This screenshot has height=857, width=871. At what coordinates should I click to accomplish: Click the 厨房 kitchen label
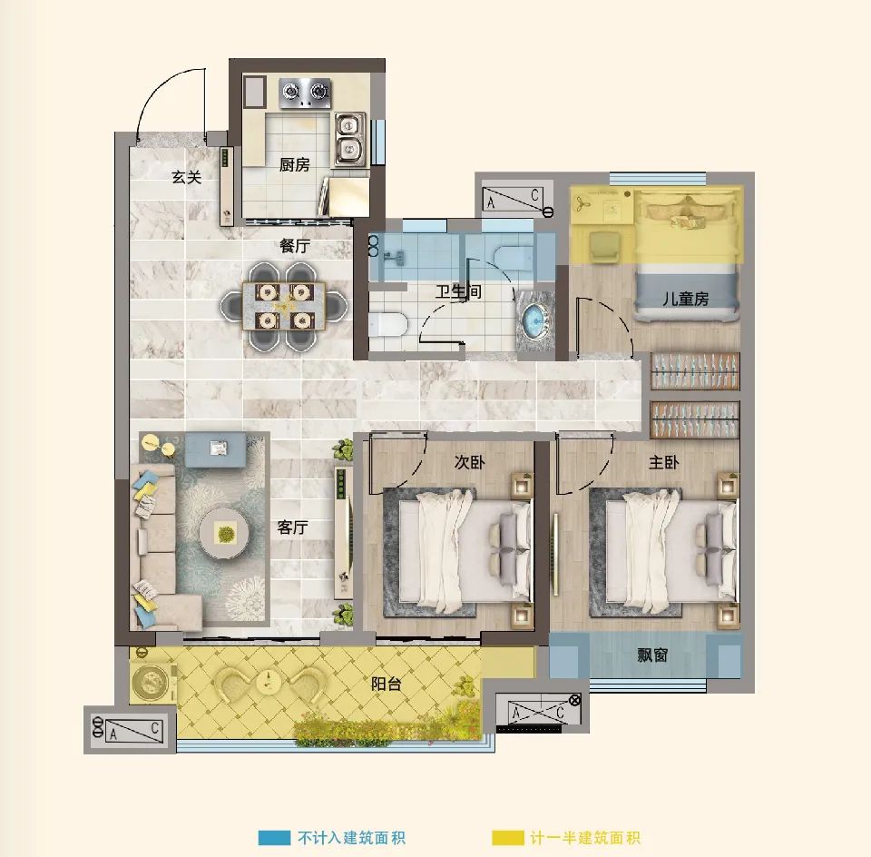(294, 164)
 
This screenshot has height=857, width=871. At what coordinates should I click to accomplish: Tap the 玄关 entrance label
(186, 177)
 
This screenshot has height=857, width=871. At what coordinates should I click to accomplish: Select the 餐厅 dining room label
(295, 246)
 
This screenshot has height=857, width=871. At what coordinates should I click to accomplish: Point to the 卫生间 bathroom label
(457, 291)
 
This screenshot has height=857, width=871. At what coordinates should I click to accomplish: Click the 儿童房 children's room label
(686, 299)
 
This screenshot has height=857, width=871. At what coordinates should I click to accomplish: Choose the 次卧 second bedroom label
(469, 462)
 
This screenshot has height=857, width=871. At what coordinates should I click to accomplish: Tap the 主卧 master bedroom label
(664, 462)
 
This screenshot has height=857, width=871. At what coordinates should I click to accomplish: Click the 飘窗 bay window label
(652, 655)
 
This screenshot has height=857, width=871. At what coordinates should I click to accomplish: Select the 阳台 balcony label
(387, 684)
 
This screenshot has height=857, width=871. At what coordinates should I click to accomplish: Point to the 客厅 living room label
(293, 527)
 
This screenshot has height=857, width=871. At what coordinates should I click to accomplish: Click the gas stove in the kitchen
(305, 93)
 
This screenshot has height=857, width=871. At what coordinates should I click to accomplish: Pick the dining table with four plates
(284, 306)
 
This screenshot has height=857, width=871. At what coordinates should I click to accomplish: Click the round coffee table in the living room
(225, 534)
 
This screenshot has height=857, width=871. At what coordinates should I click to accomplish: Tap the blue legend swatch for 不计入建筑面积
(274, 838)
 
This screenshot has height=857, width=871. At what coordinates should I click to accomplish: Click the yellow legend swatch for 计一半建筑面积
(508, 838)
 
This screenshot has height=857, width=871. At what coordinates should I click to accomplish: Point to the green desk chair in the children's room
(605, 246)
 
